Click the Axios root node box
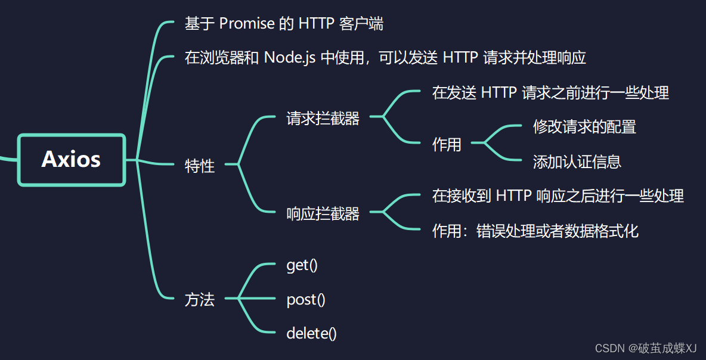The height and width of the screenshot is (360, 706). pos(72,160)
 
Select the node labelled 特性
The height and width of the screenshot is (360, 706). pos(200,166)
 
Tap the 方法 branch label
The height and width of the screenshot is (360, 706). pos(200,299)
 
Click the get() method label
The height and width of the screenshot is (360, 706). pos(302,265)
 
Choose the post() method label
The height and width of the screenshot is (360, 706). pos(306,299)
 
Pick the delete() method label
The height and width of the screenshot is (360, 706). pos(311,333)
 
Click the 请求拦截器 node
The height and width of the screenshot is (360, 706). pos(323,118)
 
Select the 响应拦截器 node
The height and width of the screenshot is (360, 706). pos(323,213)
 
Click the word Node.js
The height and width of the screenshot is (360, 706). pos(290,58)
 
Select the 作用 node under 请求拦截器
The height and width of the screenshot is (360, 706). pos(447,144)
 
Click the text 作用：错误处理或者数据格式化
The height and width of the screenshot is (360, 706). pos(535,231)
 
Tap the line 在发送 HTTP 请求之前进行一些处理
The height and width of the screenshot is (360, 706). pos(550,92)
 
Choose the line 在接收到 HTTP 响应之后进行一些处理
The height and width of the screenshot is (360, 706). pos(558,195)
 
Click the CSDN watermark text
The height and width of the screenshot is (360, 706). pos(638,348)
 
